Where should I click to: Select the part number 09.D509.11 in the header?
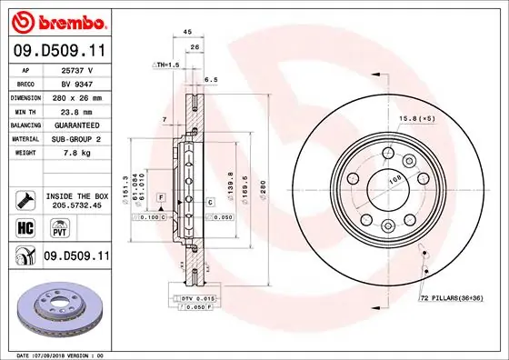[59, 51]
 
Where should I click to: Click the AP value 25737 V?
[77, 70]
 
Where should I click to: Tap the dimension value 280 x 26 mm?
[77, 95]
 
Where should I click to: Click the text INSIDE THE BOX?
[76, 195]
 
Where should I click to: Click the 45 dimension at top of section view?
[187, 31]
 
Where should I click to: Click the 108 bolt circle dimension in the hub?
[394, 180]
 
